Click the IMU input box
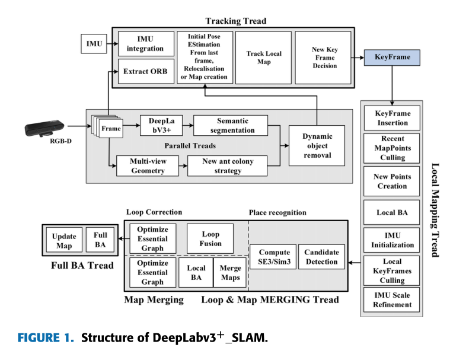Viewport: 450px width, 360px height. [94, 43]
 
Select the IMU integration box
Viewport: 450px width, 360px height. [146, 43]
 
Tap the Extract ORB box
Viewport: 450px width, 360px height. [146, 71]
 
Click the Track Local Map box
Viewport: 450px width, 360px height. [264, 58]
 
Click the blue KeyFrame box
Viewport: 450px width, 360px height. [392, 58]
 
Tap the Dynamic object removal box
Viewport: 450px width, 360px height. [317, 146]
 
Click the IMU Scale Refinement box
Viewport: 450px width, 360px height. [392, 300]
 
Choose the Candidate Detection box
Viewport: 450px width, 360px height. [321, 257]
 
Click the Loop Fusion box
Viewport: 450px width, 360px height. [210, 238]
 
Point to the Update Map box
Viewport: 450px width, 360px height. [63, 240]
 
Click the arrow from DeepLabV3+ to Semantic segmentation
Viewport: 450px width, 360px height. [185, 125]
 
